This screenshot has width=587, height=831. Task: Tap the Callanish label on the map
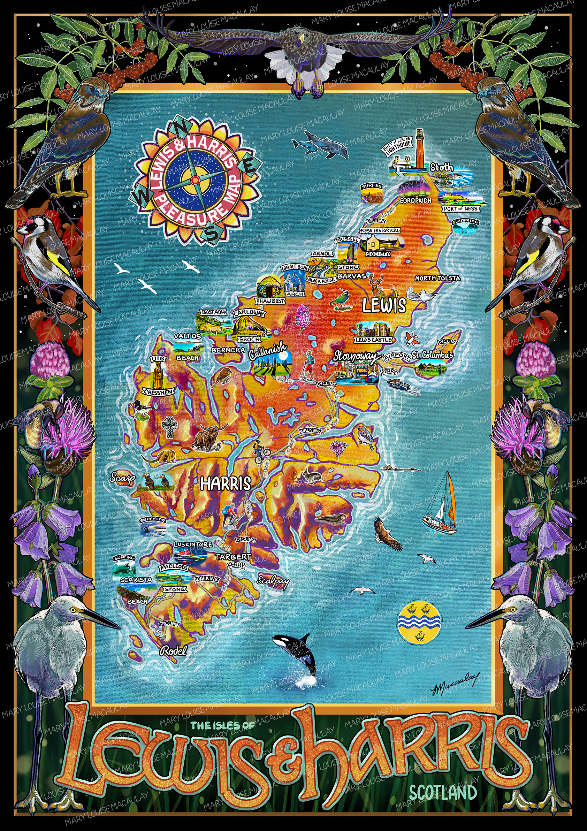tap(267, 351)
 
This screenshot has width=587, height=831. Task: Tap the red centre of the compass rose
tap(195, 180)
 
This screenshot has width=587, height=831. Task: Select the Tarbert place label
tap(234, 557)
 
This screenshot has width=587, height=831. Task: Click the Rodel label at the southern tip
tap(174, 651)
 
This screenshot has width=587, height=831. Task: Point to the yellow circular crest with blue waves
tap(419, 622)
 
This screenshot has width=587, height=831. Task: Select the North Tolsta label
tap(437, 278)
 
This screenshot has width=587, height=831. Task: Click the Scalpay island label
tap(273, 580)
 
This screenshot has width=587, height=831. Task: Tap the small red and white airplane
tap(411, 338)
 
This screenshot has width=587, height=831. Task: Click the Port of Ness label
tap(461, 208)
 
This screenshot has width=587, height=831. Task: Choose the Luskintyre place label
tap(193, 544)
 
